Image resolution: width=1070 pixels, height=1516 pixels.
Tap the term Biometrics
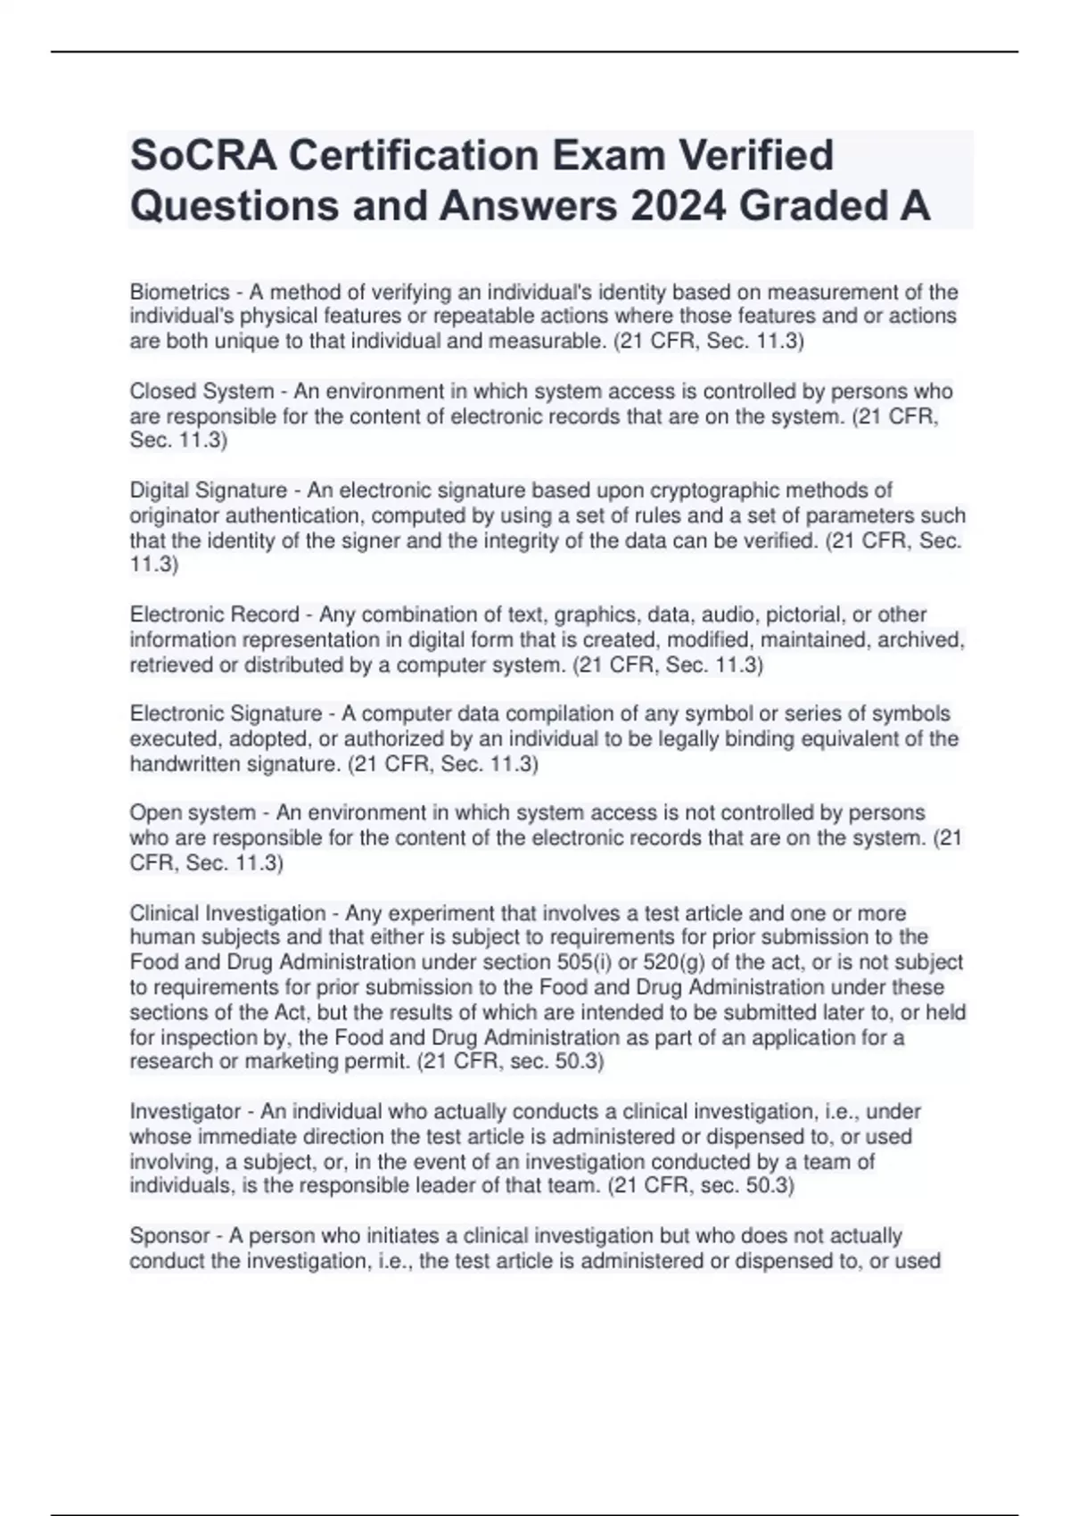tap(179, 292)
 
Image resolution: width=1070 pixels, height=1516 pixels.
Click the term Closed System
tap(202, 391)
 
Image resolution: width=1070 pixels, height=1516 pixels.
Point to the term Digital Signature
tap(209, 490)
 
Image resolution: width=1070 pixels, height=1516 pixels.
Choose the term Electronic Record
tap(214, 614)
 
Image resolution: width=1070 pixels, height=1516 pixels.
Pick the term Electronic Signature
tap(226, 713)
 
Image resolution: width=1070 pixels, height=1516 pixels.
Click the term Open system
tap(193, 812)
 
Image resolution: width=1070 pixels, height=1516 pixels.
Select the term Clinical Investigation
tap(227, 913)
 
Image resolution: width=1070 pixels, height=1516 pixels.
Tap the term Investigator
tap(185, 1111)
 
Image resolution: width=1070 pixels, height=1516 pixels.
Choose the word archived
tap(921, 639)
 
